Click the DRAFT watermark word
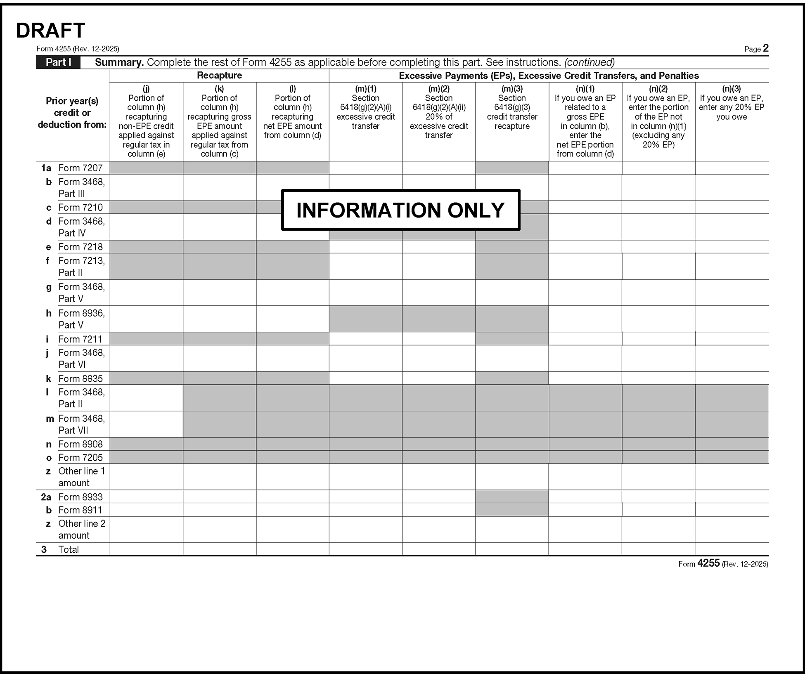pyautogui.click(x=50, y=30)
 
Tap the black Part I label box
pyautogui.click(x=58, y=62)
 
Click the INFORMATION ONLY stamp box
pyautogui.click(x=400, y=210)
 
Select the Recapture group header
pyautogui.click(x=219, y=76)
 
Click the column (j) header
pyautogui.click(x=146, y=121)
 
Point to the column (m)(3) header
pyautogui.click(x=512, y=107)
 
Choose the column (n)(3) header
pyautogui.click(x=732, y=103)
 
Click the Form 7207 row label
pyautogui.click(x=80, y=168)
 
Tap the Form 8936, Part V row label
pyautogui.click(x=81, y=319)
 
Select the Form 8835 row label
pyautogui.click(x=80, y=378)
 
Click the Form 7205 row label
pyautogui.click(x=80, y=457)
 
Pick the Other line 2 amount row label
pyautogui.click(x=82, y=529)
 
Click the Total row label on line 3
pyautogui.click(x=69, y=549)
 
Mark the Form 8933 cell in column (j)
pyautogui.click(x=146, y=497)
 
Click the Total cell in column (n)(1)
pyautogui.click(x=585, y=549)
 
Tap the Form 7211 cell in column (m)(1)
pyautogui.click(x=365, y=339)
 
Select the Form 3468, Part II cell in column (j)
pyautogui.click(x=146, y=398)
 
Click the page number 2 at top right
pyautogui.click(x=765, y=48)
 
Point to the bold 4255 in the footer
pyautogui.click(x=708, y=563)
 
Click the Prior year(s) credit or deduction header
pyautogui.click(x=72, y=113)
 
